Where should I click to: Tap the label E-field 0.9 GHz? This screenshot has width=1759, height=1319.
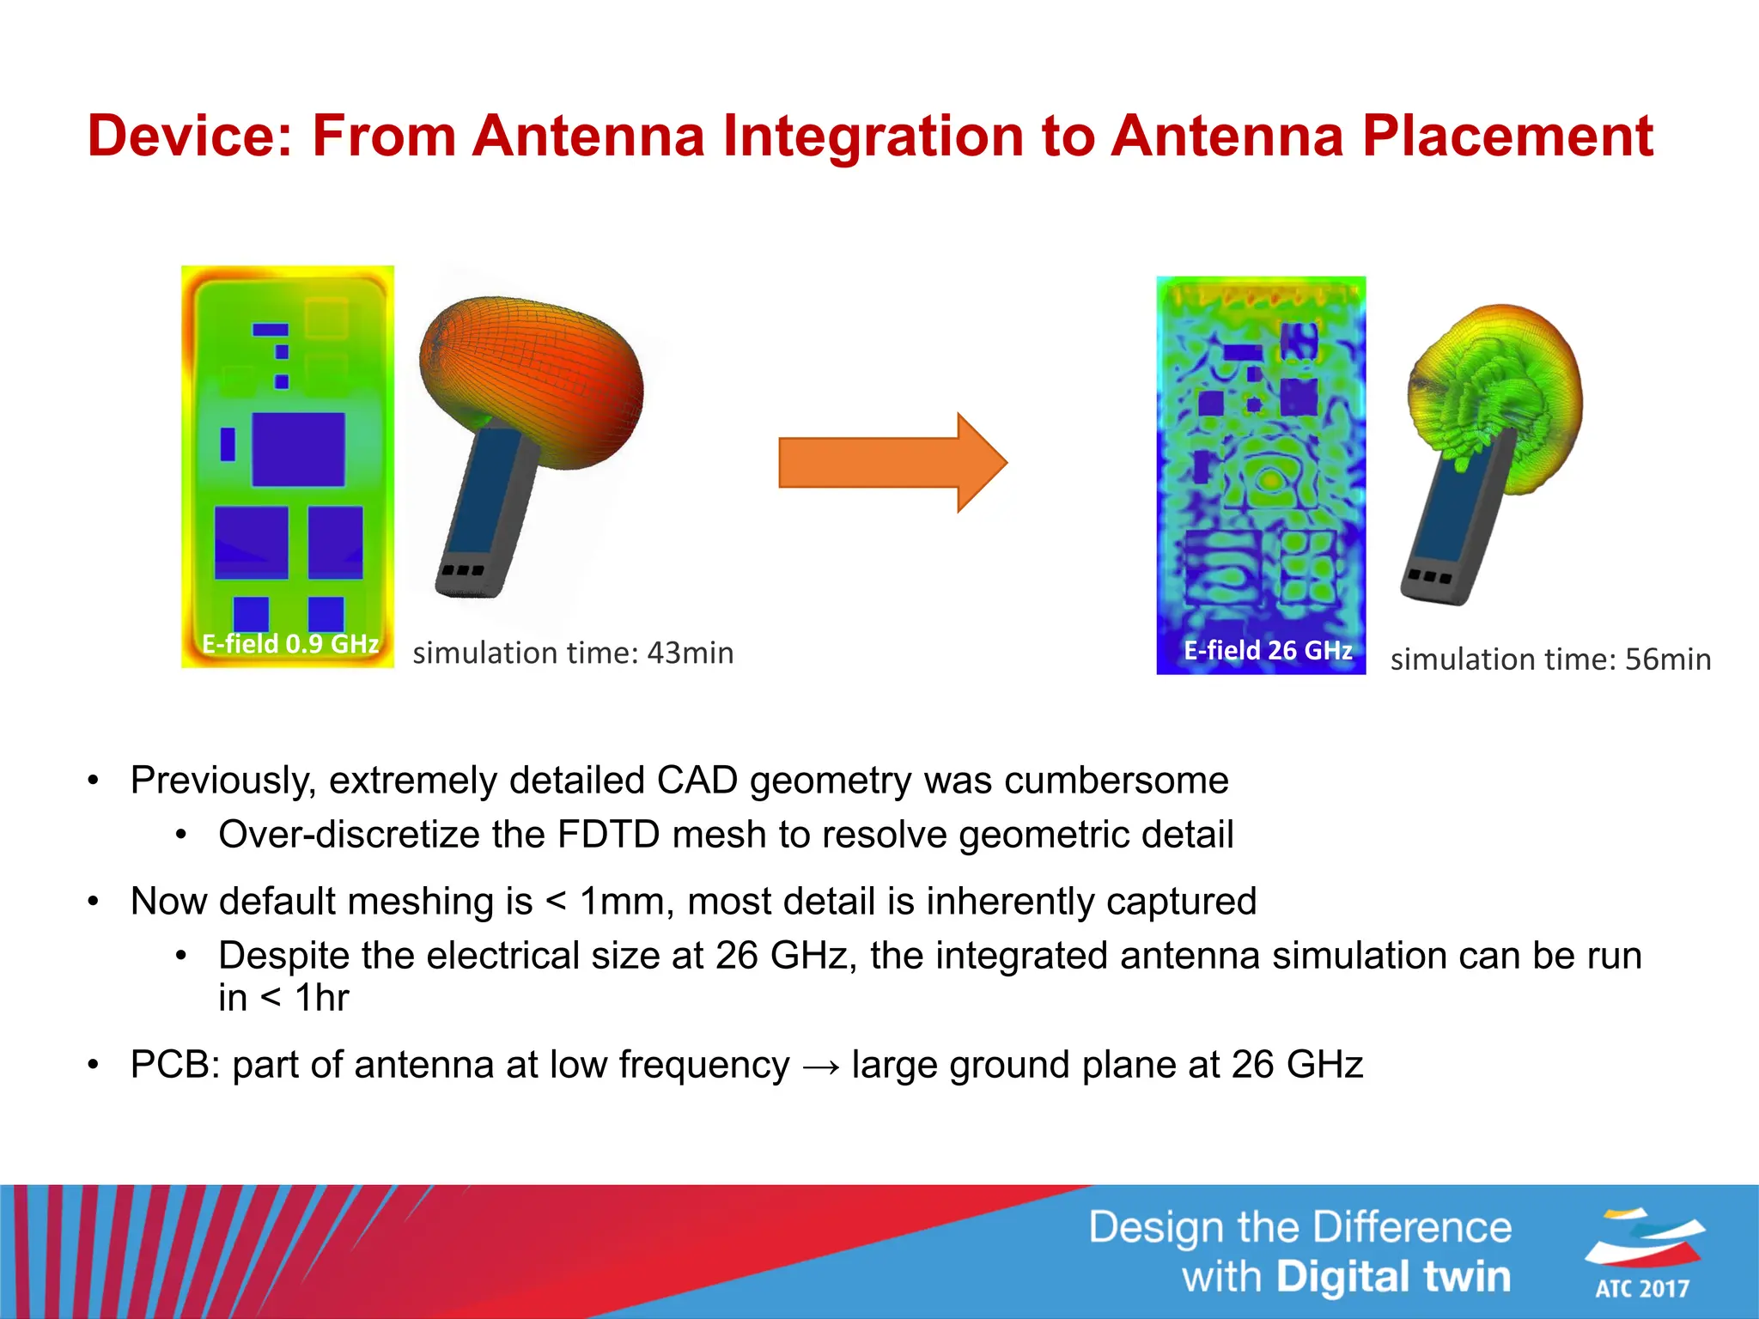[290, 644]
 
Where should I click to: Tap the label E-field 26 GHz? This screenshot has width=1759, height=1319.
[1268, 650]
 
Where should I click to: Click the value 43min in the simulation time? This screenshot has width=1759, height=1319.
[691, 653]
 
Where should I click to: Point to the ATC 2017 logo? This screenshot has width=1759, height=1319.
[1642, 1253]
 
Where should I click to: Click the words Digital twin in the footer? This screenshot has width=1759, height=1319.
[1393, 1277]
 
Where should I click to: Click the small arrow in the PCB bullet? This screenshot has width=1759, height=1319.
[820, 1067]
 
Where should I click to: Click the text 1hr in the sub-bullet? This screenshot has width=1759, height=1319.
[322, 998]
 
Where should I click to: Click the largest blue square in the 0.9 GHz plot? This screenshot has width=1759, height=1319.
[298, 449]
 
